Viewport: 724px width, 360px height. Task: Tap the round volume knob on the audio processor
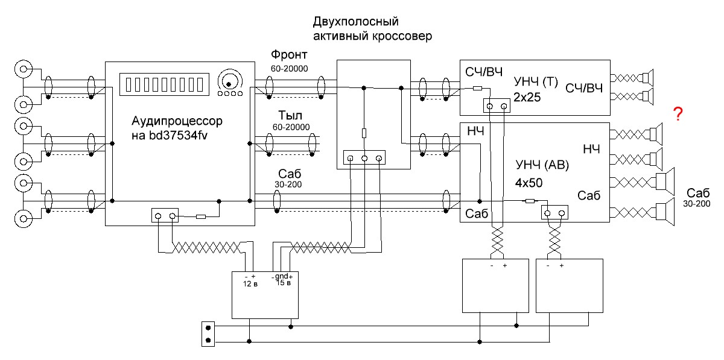(x=229, y=80)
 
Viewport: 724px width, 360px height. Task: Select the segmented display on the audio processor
(x=165, y=83)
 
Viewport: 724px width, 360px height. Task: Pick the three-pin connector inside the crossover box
(x=364, y=158)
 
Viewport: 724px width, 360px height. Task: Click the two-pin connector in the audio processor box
(x=165, y=215)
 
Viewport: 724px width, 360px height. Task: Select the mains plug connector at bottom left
(x=208, y=335)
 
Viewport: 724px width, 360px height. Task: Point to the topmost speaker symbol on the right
(x=647, y=77)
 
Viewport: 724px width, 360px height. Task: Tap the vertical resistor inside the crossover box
(x=364, y=134)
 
